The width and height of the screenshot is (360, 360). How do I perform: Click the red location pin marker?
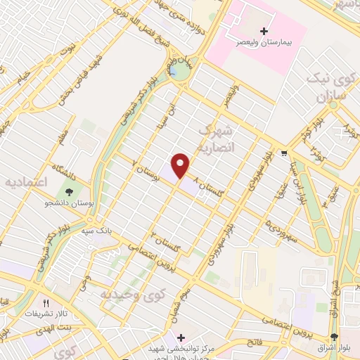(181, 165)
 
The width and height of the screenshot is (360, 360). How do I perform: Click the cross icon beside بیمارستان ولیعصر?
(264, 32)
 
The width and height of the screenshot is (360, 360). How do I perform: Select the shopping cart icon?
(283, 153)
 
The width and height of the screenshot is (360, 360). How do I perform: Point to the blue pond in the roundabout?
(172, 71)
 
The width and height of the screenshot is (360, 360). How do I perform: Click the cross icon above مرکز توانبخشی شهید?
(181, 337)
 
